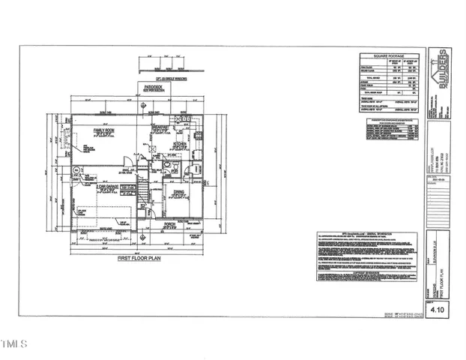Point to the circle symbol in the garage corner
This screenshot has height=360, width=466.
tap(78, 171)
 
